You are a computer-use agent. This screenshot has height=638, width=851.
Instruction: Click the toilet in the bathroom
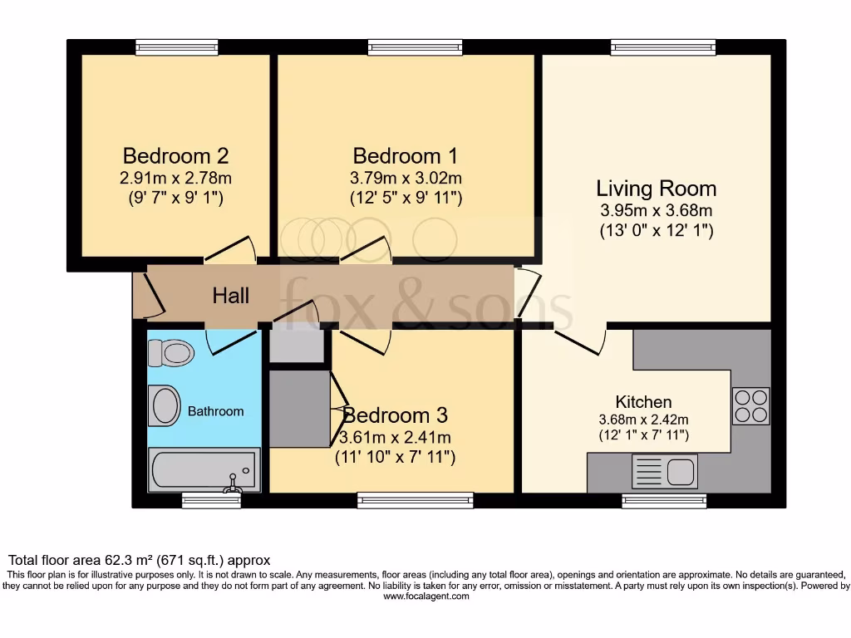tap(170, 353)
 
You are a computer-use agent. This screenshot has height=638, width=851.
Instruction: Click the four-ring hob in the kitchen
tap(750, 407)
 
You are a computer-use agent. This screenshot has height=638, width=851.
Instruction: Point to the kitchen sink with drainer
tap(664, 472)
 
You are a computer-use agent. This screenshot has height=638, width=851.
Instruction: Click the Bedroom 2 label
tap(175, 155)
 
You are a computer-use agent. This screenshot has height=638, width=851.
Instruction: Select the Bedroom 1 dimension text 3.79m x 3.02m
tap(407, 177)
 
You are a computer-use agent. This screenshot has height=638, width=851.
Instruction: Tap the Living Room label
tap(657, 188)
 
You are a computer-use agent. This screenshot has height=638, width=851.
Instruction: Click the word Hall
tap(230, 295)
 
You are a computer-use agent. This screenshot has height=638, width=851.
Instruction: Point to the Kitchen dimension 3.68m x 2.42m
tap(643, 420)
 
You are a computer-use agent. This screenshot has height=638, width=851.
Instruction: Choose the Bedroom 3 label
tap(396, 415)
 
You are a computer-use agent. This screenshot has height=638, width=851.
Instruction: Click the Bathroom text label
tap(215, 411)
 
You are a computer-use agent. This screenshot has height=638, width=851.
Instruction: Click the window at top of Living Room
tap(662, 48)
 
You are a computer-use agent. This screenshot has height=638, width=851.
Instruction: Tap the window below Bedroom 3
tap(415, 500)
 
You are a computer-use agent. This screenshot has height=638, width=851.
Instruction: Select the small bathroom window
tap(199, 500)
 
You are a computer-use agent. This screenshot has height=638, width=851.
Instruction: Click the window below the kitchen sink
tap(664, 500)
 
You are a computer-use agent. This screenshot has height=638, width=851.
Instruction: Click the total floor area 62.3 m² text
tap(139, 560)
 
